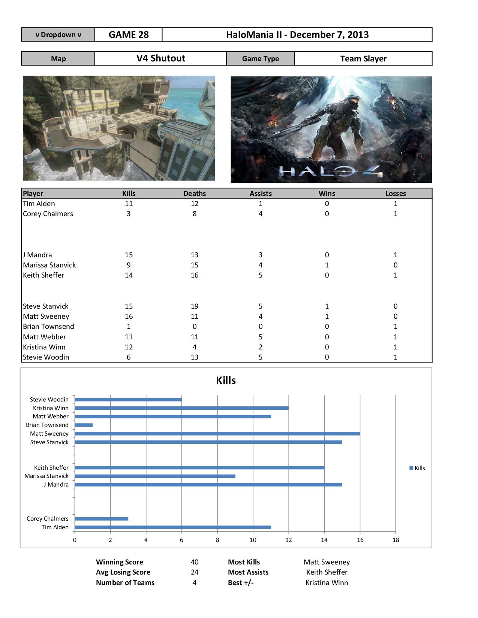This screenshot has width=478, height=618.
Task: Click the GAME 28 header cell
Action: click(x=129, y=35)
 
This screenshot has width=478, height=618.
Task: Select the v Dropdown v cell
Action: click(x=58, y=35)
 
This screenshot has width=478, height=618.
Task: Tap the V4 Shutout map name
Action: click(x=160, y=58)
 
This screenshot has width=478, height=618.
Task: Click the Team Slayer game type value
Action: click(x=363, y=59)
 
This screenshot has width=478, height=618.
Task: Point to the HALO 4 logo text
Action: click(x=331, y=172)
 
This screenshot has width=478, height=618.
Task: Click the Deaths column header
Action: click(x=194, y=193)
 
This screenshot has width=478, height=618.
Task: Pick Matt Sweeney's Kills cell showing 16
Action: click(x=129, y=316)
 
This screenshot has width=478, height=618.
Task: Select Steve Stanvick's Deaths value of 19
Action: click(x=194, y=306)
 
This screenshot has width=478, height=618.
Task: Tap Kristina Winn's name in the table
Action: click(x=44, y=347)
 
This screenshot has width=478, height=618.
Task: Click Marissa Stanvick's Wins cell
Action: click(x=327, y=265)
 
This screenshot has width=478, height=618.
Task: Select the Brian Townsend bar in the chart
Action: click(x=84, y=425)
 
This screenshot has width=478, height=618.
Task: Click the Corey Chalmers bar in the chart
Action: click(x=101, y=519)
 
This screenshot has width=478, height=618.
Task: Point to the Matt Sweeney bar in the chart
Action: click(x=217, y=434)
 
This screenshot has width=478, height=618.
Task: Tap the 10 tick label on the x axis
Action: click(x=253, y=540)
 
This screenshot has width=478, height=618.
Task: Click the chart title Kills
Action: click(x=226, y=381)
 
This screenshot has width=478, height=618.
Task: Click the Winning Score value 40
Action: click(x=194, y=562)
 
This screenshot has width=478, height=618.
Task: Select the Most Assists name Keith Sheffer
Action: click(x=327, y=572)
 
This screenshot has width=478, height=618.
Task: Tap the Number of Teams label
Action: click(x=125, y=583)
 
